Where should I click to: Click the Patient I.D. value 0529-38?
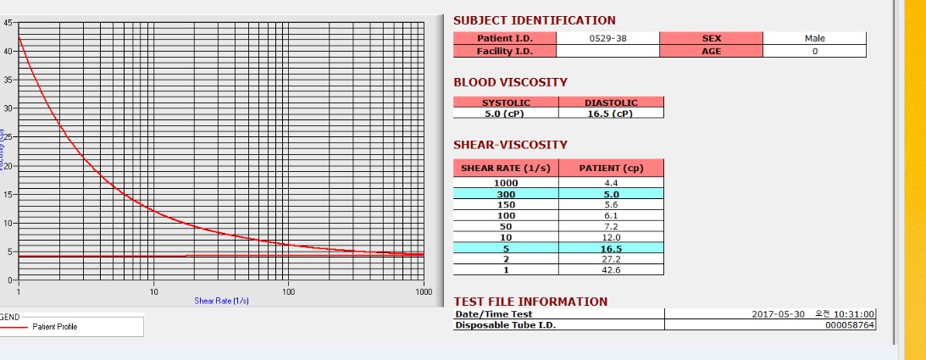[x=607, y=38]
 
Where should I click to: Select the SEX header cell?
[x=711, y=38]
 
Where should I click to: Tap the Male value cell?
[x=814, y=38]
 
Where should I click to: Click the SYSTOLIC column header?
[x=506, y=102]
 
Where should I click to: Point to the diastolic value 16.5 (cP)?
[x=610, y=114]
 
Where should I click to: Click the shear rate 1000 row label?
[x=506, y=183]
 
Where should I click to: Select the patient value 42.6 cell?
[x=611, y=270]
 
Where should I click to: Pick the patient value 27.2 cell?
[x=611, y=259]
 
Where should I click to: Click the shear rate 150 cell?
[x=506, y=205]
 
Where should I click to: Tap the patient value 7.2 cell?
[x=611, y=227]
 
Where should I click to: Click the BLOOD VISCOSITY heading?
[x=510, y=82]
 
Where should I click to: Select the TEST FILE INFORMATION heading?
[x=530, y=302]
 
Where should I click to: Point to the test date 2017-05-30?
[x=779, y=313]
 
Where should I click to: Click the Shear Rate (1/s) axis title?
[x=221, y=301]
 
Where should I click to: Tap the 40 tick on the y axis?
[x=8, y=51]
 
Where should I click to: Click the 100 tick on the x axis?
[x=288, y=292]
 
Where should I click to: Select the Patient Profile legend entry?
[x=54, y=326]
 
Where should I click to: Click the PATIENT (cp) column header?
[x=611, y=168]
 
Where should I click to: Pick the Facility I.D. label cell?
[x=505, y=51]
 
